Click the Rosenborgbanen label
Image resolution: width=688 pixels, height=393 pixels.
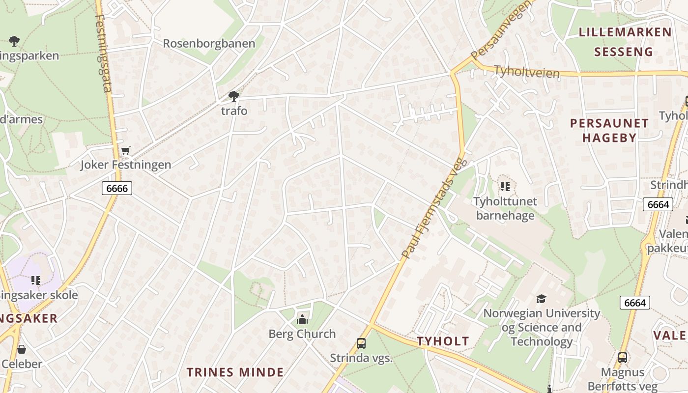tap(209, 43)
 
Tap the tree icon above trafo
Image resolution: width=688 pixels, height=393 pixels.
tap(234, 96)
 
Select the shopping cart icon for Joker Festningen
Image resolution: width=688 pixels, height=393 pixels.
tap(126, 150)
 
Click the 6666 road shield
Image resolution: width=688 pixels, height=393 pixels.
tap(117, 188)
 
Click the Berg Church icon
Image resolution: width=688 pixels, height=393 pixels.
tap(302, 320)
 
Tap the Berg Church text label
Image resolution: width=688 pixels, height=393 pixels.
tap(302, 334)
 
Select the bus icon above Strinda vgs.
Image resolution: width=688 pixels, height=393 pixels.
tap(361, 343)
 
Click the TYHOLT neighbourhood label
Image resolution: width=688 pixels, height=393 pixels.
tap(443, 341)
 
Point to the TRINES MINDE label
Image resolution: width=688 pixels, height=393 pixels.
tap(235, 372)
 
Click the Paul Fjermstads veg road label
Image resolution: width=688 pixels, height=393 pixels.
tap(433, 207)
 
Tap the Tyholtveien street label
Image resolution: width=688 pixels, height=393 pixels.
tap(526, 72)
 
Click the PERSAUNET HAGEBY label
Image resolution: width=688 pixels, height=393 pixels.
tap(609, 130)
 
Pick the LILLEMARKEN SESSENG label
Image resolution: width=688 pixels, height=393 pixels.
tap(625, 42)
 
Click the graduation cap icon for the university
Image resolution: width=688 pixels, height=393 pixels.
tap(541, 299)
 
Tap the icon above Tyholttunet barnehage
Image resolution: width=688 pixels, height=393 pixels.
tap(505, 187)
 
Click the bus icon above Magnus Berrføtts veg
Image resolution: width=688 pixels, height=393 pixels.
tap(623, 358)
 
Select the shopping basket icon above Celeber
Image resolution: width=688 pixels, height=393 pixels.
tap(22, 349)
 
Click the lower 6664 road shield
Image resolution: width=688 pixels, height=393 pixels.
tap(634, 303)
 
